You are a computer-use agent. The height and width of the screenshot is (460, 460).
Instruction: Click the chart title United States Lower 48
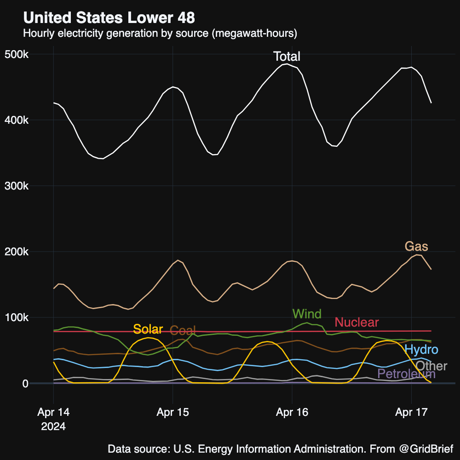[x=109, y=18]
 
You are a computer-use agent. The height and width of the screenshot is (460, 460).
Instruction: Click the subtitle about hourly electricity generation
[x=160, y=34]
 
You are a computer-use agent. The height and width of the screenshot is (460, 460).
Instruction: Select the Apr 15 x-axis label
[x=172, y=413]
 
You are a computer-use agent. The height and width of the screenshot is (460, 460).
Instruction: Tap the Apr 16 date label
[x=292, y=413]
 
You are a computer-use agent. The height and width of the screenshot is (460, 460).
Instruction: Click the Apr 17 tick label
[x=411, y=413]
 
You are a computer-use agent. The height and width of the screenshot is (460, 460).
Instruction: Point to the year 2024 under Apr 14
[x=53, y=426]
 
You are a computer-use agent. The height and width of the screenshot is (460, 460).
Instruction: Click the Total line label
[x=287, y=57]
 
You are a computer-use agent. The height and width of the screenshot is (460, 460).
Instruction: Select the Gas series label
[x=416, y=247]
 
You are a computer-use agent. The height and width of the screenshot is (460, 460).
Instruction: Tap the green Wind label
[x=307, y=315]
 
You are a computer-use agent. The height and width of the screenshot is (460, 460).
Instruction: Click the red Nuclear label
[x=356, y=322]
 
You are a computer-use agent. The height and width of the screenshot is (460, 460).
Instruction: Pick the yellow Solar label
[x=148, y=329]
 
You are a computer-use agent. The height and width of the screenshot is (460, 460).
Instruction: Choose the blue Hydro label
[x=421, y=350]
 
